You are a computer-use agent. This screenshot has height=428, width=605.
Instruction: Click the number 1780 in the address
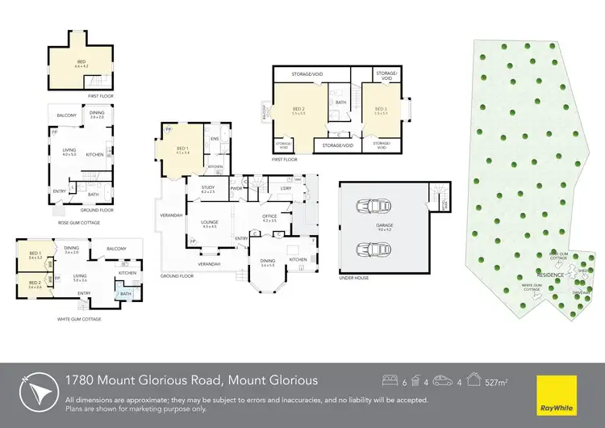click(80, 380)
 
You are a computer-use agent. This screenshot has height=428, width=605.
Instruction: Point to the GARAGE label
click(384, 226)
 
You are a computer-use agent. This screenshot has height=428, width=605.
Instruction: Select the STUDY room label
click(207, 188)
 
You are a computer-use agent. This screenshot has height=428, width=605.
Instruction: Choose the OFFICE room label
click(269, 216)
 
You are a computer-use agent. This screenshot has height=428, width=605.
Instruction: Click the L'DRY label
click(286, 188)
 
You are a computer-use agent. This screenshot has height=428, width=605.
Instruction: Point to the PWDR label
click(237, 189)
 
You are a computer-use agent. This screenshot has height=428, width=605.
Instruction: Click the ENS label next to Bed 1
click(215, 139)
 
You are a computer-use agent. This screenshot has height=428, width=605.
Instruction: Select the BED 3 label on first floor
click(379, 108)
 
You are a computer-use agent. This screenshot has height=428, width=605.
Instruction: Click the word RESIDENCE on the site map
click(550, 275)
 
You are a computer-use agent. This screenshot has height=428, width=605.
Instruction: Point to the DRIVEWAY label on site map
click(579, 292)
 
